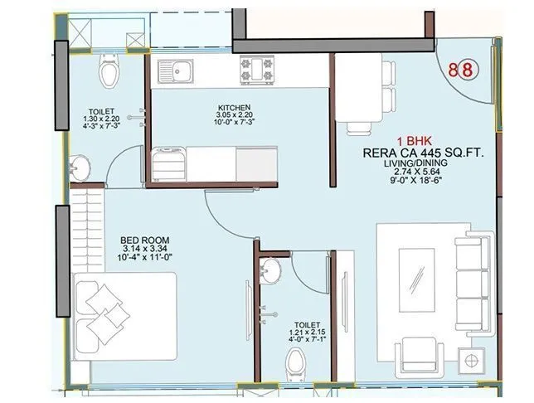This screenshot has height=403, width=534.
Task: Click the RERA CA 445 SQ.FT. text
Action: [423, 153]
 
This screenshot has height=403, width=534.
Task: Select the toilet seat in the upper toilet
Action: [109, 73]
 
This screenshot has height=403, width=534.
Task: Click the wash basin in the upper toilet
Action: [82, 164]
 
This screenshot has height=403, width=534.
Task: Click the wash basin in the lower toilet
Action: [269, 271]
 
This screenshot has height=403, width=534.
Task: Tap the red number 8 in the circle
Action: [467, 69]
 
